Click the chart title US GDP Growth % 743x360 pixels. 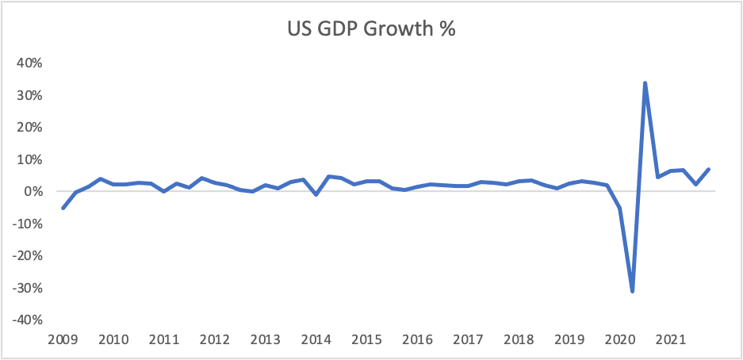click(x=371, y=30)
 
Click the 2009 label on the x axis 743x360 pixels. click(x=63, y=340)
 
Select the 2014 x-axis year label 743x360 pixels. click(x=316, y=340)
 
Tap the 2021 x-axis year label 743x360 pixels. click(x=670, y=340)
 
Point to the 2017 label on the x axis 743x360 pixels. click(x=468, y=340)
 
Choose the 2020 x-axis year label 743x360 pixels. click(x=619, y=340)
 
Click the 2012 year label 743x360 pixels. click(x=214, y=340)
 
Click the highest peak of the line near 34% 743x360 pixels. click(x=645, y=82)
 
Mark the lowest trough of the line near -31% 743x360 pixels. click(x=633, y=291)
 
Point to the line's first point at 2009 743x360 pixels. click(x=63, y=208)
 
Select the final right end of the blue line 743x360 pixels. click(x=708, y=169)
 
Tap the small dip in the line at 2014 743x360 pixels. click(x=316, y=194)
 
